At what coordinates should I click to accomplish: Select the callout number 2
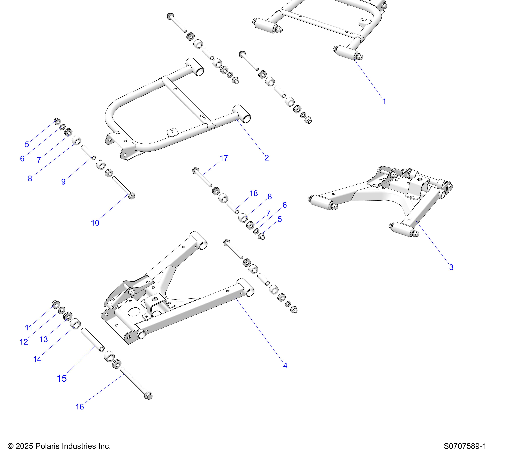[267, 158]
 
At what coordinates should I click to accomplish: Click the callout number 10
[95, 223]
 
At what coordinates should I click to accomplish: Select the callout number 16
[80, 407]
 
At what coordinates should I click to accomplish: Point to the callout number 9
[63, 182]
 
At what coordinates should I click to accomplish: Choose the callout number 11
[29, 328]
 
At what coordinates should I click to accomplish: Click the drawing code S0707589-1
[465, 446]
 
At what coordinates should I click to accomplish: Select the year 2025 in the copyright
[24, 446]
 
